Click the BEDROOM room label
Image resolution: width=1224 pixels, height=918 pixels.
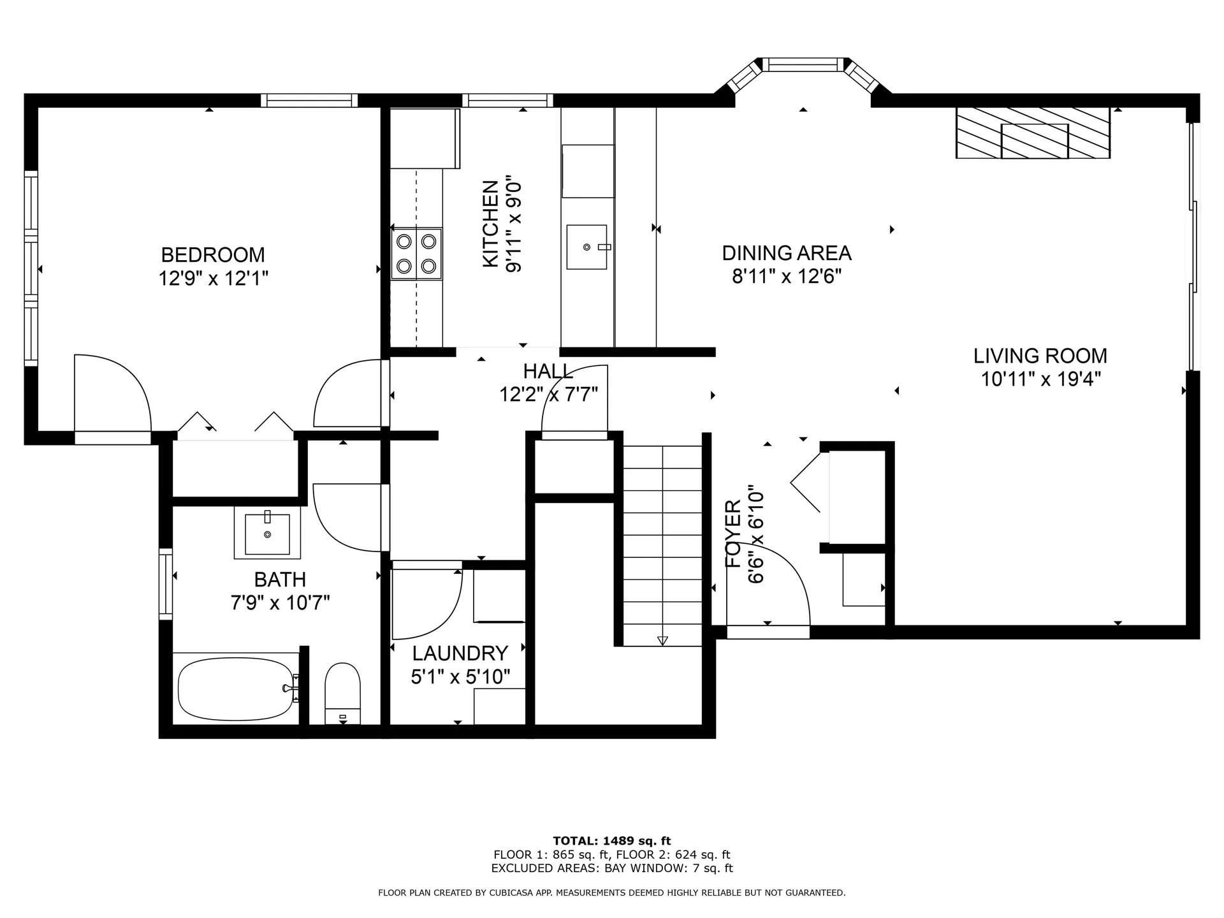point(213,255)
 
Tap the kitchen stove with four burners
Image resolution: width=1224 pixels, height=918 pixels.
point(416,253)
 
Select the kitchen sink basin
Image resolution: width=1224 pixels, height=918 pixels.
point(586,247)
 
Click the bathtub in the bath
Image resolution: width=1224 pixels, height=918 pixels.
point(237,689)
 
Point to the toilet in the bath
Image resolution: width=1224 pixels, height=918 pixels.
point(343,694)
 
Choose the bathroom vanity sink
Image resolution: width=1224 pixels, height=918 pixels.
point(267,534)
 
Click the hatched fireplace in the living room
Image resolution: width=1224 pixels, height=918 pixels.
point(1033,133)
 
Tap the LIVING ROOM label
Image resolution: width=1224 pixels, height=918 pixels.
point(1040,356)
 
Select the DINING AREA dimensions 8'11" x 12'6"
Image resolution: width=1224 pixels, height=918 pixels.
point(787,277)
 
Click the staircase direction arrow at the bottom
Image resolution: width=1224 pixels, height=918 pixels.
point(662,641)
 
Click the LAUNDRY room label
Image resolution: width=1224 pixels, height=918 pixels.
point(460,653)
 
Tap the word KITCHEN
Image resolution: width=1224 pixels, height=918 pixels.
point(490,224)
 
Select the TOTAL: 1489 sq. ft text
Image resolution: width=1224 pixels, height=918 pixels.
point(612,841)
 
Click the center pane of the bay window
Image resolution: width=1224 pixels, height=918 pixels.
point(803,64)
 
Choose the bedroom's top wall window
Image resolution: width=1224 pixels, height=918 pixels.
point(309,100)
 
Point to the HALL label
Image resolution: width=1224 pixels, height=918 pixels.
point(548,371)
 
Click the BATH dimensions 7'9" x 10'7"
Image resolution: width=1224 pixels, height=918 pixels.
point(280,602)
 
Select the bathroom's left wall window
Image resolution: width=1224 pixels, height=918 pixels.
point(166,584)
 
